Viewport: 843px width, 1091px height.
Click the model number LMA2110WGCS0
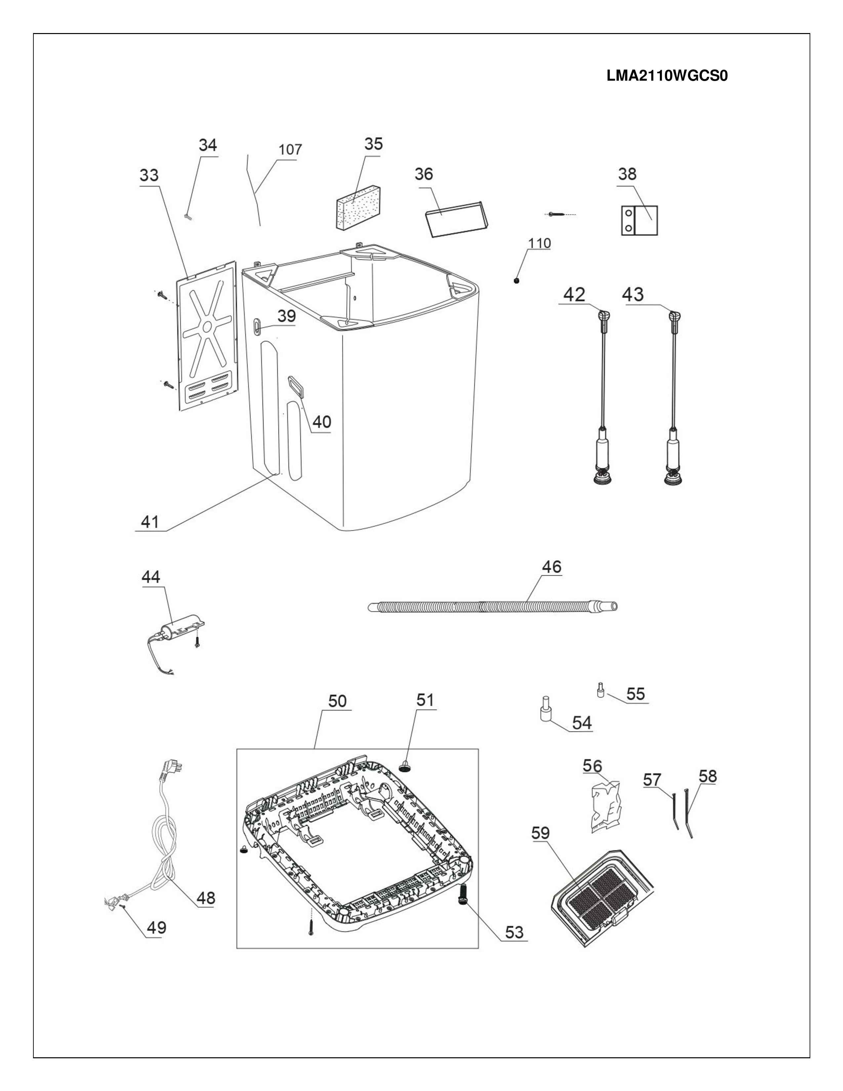pyautogui.click(x=667, y=76)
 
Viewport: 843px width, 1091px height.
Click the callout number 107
pyautogui.click(x=290, y=149)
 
